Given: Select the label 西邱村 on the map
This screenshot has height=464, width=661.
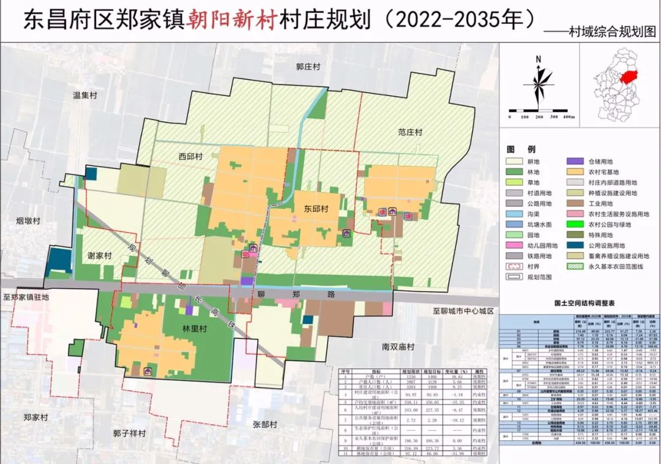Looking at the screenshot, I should click(190, 157).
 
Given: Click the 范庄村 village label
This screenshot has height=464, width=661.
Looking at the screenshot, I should click(409, 132).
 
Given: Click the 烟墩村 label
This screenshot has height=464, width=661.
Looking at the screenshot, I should click(28, 220).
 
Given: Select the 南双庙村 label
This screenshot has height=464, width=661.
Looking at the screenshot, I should click(403, 346).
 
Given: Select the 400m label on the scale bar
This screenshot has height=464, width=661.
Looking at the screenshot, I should click(568, 116).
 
